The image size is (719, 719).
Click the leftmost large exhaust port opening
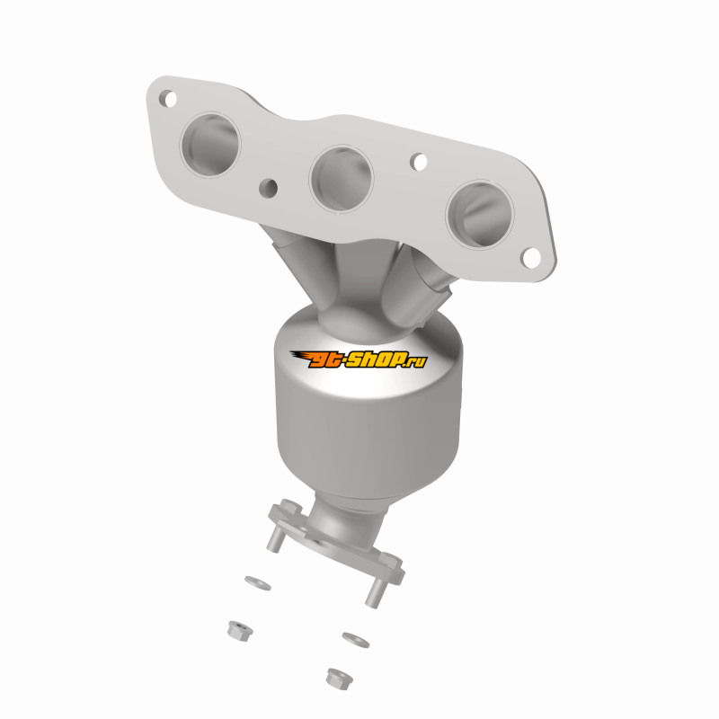click(210, 144)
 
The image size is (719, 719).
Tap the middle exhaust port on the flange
click(342, 178)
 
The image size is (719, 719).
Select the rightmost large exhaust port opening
click(480, 214)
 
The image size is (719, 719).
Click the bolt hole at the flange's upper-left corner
click(168, 99)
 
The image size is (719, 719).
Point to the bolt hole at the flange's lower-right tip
click(531, 258)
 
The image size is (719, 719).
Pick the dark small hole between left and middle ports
click(268, 188)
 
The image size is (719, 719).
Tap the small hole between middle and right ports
click(418, 162)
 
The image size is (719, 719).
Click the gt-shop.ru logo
click(359, 359)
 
